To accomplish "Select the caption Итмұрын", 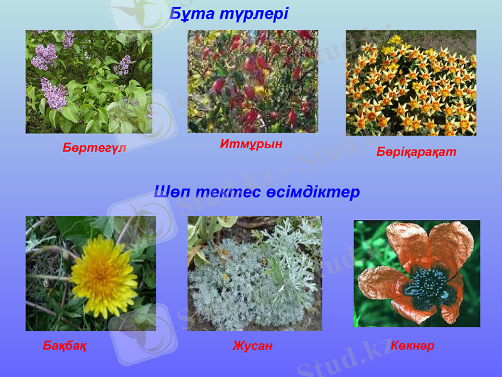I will pos(251,144).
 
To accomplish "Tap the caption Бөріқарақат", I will pos(416,152).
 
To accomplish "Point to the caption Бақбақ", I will pos(65,346).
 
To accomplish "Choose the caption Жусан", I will pos(252,346).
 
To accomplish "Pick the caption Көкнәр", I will pos(412,346).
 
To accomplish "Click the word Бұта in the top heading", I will pos(189,13).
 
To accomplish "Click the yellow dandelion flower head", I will pos(104,276).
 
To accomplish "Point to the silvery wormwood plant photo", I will pos(254,273).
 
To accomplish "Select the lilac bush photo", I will pos(88,82).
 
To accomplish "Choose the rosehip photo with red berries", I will pos(252,82).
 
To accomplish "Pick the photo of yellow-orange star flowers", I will pos(410,83).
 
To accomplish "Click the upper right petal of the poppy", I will pos(449,242).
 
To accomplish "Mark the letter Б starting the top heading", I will pos(176,13).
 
